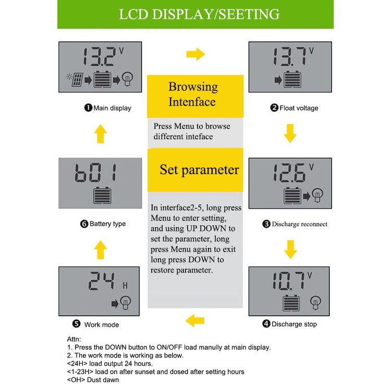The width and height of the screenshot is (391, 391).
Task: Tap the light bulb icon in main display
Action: coord(128,80)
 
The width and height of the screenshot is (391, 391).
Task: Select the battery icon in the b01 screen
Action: coord(102,196)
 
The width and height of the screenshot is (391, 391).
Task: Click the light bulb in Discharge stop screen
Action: coord(315,302)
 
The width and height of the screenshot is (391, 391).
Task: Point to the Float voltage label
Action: coord(299,108)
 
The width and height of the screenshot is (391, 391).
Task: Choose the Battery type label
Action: coord(107,224)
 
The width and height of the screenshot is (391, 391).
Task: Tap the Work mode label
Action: coord(101,324)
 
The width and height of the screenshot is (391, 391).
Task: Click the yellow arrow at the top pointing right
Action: coord(195,54)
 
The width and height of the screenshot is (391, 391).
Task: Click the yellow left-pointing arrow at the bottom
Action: coord(195,320)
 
